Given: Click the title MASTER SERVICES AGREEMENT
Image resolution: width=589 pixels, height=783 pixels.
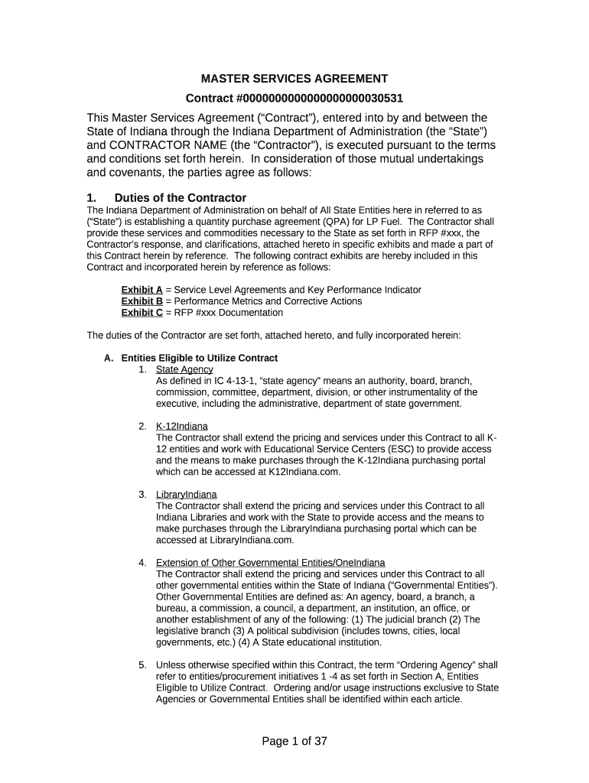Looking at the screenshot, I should pyautogui.click(x=294, y=79).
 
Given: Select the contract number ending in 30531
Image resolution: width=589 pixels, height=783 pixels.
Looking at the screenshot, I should pyautogui.click(x=294, y=99).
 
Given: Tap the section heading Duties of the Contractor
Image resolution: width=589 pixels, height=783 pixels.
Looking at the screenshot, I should pyautogui.click(x=180, y=198).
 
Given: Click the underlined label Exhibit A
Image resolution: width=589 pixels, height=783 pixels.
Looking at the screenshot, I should pyautogui.click(x=142, y=290).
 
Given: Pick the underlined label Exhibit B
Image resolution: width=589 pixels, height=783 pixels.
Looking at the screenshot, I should pyautogui.click(x=142, y=301).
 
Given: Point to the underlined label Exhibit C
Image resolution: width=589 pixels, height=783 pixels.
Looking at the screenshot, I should pyautogui.click(x=142, y=313).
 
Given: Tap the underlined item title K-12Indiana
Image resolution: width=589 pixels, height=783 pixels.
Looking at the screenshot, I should pyautogui.click(x=181, y=426).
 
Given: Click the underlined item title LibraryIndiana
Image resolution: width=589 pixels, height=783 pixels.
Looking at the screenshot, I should pyautogui.click(x=186, y=494).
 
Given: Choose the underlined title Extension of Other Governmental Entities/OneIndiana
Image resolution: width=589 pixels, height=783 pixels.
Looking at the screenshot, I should pyautogui.click(x=270, y=563).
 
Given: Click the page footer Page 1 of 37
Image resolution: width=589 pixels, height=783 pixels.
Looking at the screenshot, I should pyautogui.click(x=294, y=741).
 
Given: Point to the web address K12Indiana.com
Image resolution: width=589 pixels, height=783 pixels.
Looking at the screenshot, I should pyautogui.click(x=303, y=472).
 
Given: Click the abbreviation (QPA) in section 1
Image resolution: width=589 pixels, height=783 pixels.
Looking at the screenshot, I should pyautogui.click(x=376, y=221).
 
